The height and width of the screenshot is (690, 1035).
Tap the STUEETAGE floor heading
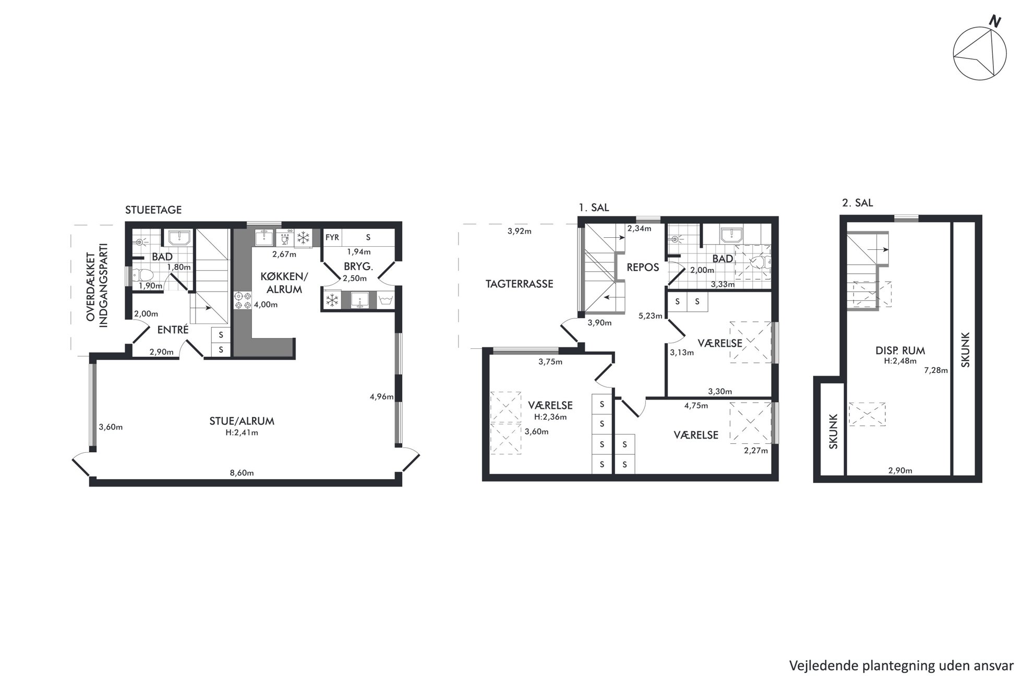(x=153, y=210)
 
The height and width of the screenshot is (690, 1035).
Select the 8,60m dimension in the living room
(x=242, y=473)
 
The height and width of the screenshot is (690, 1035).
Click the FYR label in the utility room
(x=332, y=237)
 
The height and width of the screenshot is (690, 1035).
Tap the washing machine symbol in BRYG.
(x=386, y=300)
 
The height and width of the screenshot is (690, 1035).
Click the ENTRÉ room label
(x=173, y=330)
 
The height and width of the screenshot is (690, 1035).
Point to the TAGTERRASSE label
(x=519, y=284)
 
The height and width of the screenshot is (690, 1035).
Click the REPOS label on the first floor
(x=643, y=267)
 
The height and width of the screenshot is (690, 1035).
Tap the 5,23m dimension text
(x=651, y=316)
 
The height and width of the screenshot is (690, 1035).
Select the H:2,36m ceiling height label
(x=550, y=417)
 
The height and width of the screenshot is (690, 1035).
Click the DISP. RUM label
(x=900, y=351)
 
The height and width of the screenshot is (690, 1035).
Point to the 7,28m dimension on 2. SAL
(x=936, y=370)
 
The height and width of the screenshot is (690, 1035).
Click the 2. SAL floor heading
(x=857, y=203)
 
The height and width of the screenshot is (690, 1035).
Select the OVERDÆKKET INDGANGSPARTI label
(x=97, y=285)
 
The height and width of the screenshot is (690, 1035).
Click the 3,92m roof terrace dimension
(x=520, y=231)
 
